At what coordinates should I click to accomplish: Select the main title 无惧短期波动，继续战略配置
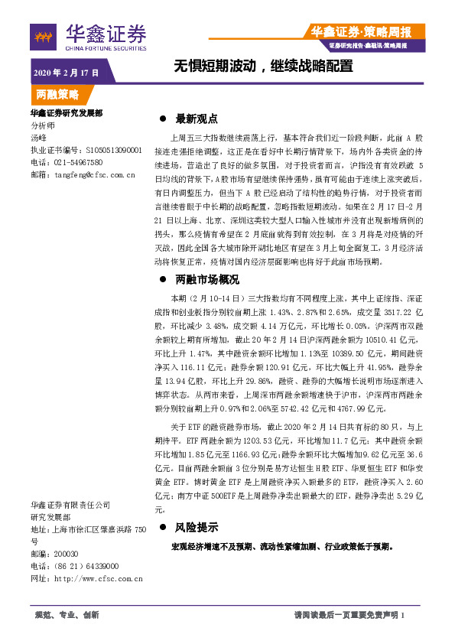click(264, 66)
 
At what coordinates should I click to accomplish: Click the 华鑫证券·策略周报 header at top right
click(361, 32)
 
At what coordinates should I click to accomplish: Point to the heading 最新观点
click(197, 119)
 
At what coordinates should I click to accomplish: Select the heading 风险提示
click(197, 528)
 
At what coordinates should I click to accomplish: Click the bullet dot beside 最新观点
click(162, 119)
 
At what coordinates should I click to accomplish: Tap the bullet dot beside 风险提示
click(162, 529)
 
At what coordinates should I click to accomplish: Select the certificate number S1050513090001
click(104, 151)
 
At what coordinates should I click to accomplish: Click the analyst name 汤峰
click(38, 139)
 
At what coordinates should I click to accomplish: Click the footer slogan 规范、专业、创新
click(68, 615)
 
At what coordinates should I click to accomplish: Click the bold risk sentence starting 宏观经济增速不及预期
click(282, 547)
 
